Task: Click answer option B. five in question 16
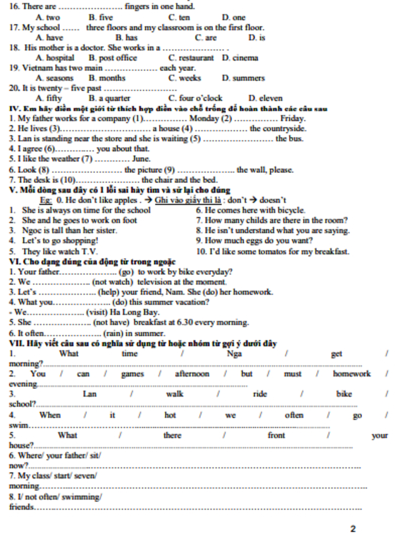[x=101, y=17]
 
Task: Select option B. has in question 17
[x=126, y=37]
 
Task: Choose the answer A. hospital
[x=55, y=58]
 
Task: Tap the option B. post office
[x=113, y=58]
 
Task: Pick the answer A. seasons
[x=54, y=78]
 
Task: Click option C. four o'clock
[x=195, y=98]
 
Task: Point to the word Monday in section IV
[x=204, y=119]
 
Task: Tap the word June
[x=141, y=159]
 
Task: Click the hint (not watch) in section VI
[x=113, y=282]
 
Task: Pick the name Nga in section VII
[x=234, y=354]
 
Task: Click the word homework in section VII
[x=351, y=374]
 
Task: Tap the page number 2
[x=353, y=529]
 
